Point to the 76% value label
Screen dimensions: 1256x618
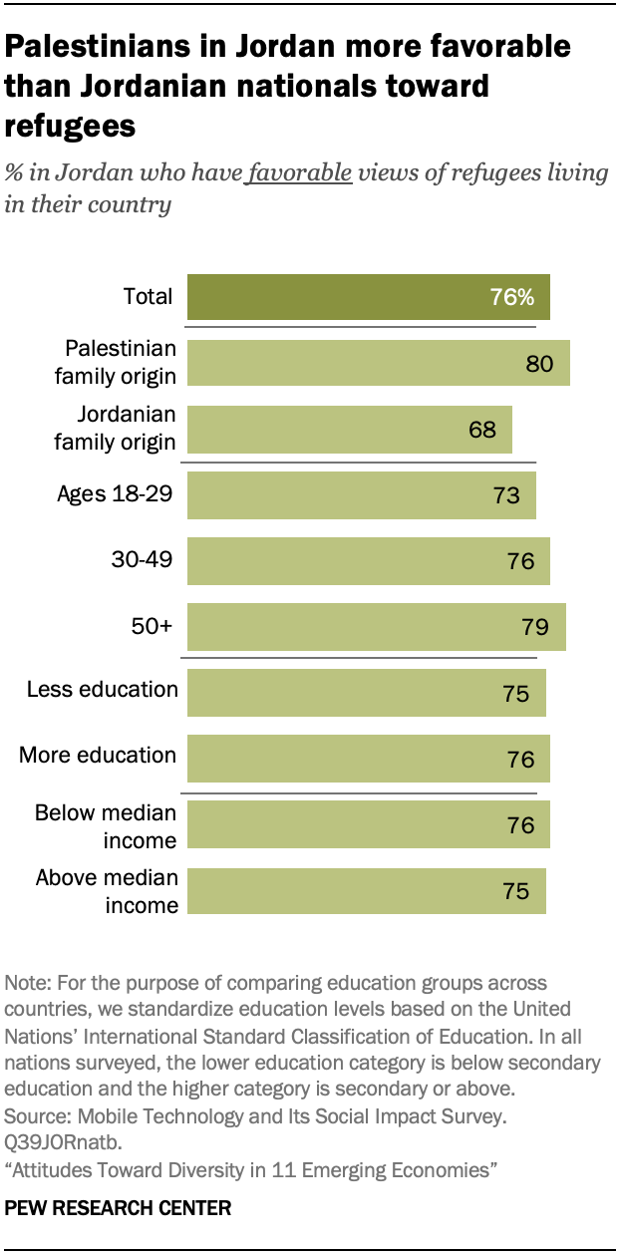point(511,297)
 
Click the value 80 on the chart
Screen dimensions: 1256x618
point(539,364)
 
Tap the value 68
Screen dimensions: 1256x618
point(481,430)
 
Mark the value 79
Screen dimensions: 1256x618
point(535,627)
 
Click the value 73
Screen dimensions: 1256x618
point(506,495)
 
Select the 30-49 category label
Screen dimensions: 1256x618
point(142,560)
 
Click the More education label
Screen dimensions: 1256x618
point(98,756)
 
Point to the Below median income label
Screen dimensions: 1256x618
point(106,826)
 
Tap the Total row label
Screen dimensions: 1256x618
point(148,296)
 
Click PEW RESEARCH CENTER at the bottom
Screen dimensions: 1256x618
point(118,1208)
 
